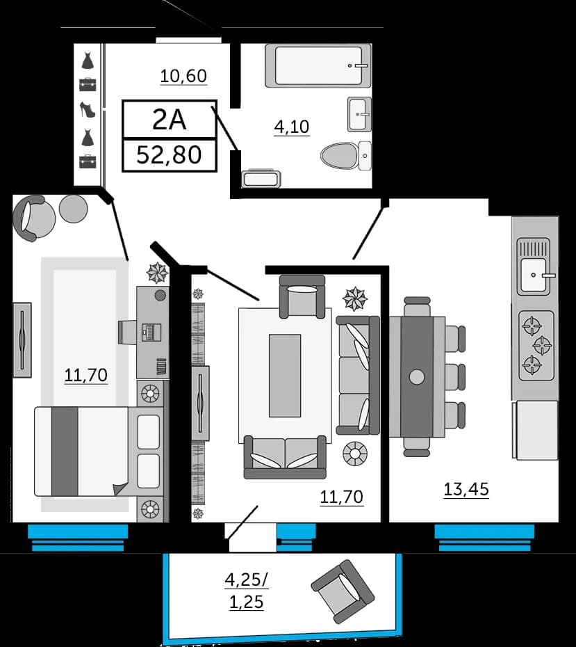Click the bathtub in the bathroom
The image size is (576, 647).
point(318,65)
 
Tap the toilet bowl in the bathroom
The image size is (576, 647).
point(340,156)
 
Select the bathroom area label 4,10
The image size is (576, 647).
point(292,127)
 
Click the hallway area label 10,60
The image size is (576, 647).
point(183,77)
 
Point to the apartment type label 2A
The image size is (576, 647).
point(170,120)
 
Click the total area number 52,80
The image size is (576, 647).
point(169,154)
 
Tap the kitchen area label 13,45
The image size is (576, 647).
point(466,489)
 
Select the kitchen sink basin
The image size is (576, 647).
point(534,275)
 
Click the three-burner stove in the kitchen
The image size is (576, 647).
point(536,346)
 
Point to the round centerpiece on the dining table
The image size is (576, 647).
point(417,377)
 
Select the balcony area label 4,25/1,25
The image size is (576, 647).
point(247,591)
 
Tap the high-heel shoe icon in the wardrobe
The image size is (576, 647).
point(88,109)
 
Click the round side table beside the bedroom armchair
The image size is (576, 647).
point(74,209)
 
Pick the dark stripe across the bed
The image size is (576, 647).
point(65,452)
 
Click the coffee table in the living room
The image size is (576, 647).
point(285,376)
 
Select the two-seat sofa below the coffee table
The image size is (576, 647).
point(285,457)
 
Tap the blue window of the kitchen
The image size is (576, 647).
point(484,537)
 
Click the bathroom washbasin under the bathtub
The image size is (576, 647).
point(359,114)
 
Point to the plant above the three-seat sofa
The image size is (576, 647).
point(355,298)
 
